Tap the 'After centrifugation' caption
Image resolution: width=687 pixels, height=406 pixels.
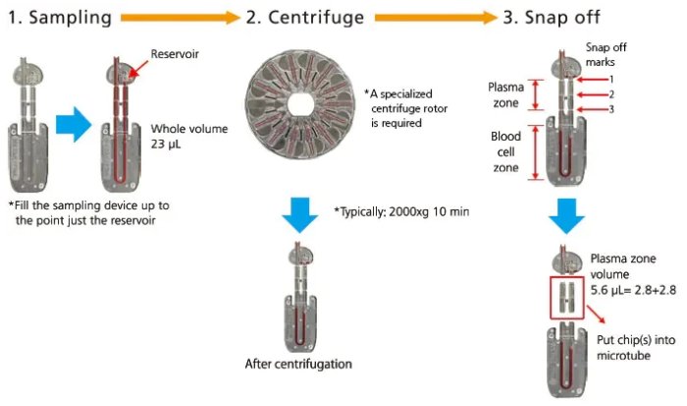[x=296, y=364]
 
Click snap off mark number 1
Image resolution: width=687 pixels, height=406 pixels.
[x=609, y=78]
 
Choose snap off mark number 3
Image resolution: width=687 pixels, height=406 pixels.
[x=609, y=109]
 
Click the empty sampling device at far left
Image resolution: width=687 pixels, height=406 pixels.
[x=30, y=127]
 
